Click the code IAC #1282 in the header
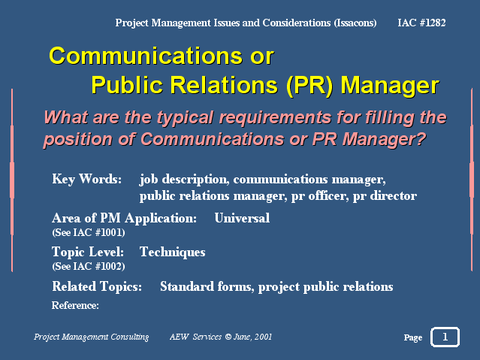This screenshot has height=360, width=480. pos(421,23)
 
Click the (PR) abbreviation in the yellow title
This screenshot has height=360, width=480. pos(309,85)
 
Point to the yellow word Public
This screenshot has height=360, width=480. pos(127,85)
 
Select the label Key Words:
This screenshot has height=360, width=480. pos(87,179)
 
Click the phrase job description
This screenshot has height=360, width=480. pos(185,180)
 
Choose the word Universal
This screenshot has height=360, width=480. pos(242,218)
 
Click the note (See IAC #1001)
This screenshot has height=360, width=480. pos(89,232)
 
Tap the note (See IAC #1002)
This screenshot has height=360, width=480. pos(89,266)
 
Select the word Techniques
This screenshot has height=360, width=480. pos(172,253)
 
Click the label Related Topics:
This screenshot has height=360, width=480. pos(97,287)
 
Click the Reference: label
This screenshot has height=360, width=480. pos(75,305)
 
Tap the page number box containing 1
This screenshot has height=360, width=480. pos(445,337)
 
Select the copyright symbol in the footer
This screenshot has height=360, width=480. pos(228,337)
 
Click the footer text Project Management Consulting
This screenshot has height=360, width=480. pos(91,337)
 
